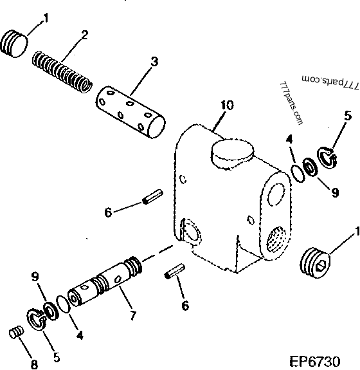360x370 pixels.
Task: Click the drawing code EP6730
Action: pos(323,362)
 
